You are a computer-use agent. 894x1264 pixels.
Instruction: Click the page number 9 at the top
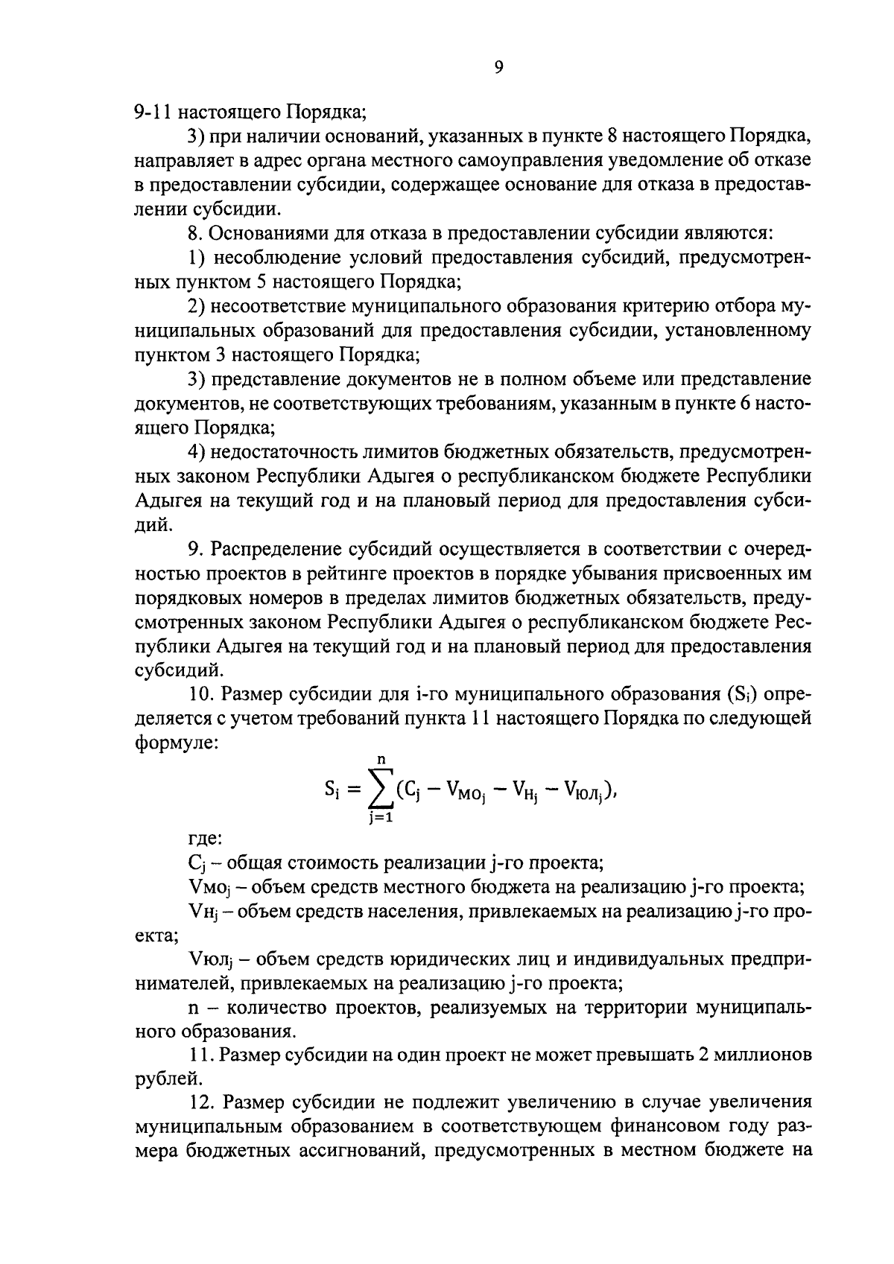[x=499, y=68]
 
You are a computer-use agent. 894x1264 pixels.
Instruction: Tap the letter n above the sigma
[x=381, y=760]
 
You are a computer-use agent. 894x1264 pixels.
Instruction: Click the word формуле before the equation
[x=176, y=743]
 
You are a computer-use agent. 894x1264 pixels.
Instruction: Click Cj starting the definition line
[x=197, y=864]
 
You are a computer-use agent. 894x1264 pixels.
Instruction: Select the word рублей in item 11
[x=157, y=1078]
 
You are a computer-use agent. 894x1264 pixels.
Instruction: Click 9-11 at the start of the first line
[x=153, y=112]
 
